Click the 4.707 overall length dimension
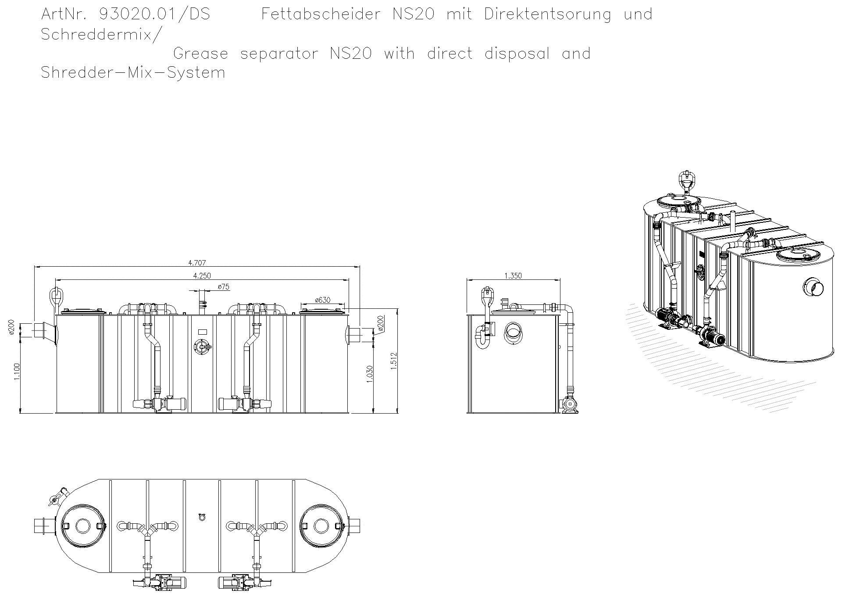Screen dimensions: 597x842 [x=197, y=263]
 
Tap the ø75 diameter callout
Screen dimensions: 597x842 [x=223, y=287]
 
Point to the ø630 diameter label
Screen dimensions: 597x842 [x=323, y=300]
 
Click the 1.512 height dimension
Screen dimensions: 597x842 [x=393, y=361]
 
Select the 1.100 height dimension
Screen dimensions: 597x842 [x=17, y=372]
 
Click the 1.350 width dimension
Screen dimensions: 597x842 [x=513, y=275]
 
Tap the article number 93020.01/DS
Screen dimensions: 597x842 [x=155, y=14]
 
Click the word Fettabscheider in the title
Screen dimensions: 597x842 [x=321, y=14]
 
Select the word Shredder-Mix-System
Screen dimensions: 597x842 [x=133, y=72]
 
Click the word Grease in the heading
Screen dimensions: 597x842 [x=200, y=54]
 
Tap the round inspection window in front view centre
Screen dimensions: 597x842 [x=202, y=347]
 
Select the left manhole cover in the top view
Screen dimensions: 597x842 [x=82, y=526]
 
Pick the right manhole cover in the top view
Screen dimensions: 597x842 [x=321, y=526]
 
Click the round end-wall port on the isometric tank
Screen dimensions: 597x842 [x=813, y=288]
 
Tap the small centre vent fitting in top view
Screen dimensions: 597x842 [x=202, y=517]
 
